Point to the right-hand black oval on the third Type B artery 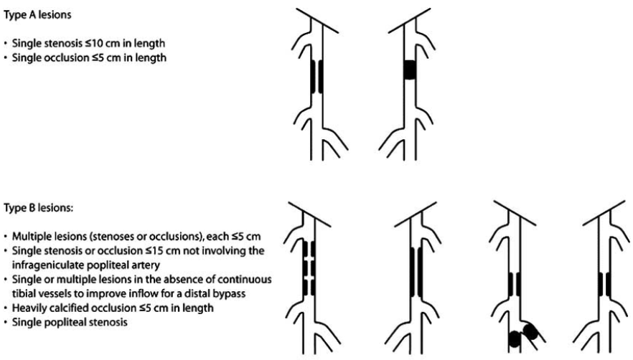531,331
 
